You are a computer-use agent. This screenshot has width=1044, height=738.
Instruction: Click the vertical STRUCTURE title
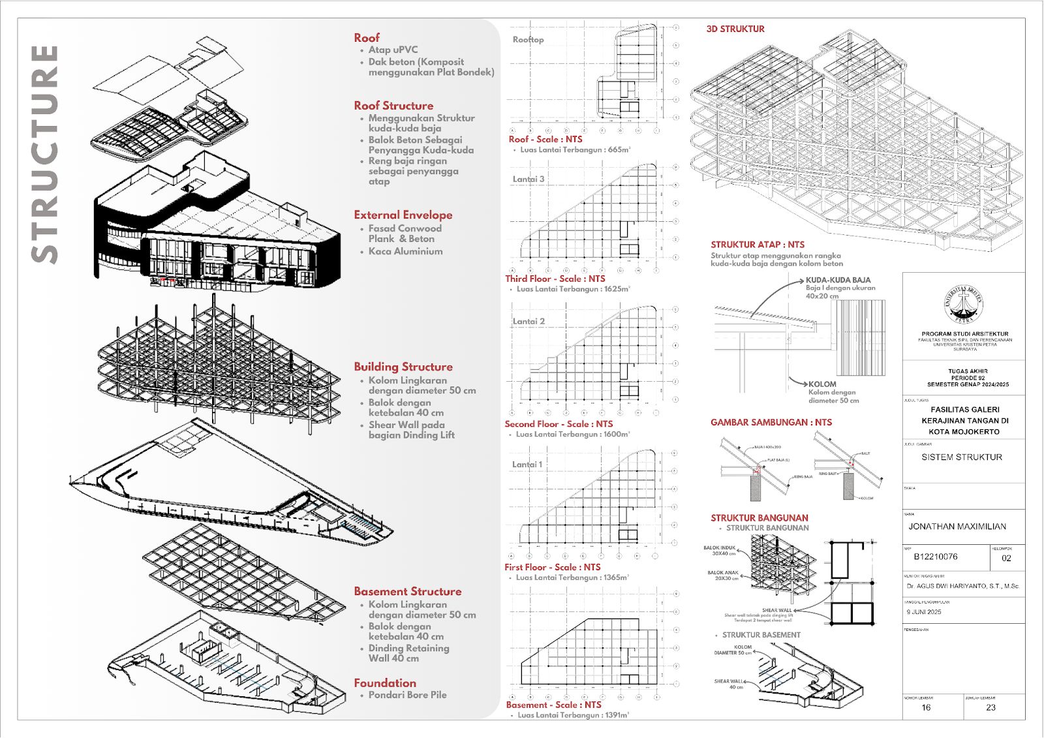[44, 154]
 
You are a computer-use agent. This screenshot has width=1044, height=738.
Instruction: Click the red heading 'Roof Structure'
[393, 106]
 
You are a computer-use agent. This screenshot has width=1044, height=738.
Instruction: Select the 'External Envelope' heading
[403, 215]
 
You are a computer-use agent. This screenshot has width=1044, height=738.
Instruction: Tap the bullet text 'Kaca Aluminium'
[405, 251]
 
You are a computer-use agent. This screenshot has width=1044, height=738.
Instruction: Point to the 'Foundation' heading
[385, 683]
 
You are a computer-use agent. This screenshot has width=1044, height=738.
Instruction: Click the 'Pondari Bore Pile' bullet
[407, 695]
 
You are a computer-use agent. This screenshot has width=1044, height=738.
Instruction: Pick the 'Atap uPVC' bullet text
[393, 50]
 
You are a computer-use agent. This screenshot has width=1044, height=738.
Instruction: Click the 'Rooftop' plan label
[528, 40]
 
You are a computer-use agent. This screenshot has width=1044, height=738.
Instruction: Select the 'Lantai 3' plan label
[528, 179]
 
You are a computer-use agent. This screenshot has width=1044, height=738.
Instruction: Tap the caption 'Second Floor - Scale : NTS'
[559, 424]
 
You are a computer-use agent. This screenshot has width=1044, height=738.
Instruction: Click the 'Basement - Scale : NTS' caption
[553, 705]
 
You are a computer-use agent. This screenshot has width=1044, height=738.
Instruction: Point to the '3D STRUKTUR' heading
[735, 29]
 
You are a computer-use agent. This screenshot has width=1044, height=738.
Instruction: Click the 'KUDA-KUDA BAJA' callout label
[838, 280]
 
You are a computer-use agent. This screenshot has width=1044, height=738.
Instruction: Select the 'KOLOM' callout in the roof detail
[822, 384]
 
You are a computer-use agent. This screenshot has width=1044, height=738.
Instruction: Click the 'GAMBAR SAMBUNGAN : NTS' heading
[771, 422]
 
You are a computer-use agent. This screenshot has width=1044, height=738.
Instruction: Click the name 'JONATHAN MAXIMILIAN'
[957, 527]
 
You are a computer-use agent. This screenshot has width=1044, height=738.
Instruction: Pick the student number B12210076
[936, 557]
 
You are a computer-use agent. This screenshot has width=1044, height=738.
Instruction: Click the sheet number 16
[926, 707]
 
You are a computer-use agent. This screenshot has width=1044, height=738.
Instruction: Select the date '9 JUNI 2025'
[924, 612]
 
